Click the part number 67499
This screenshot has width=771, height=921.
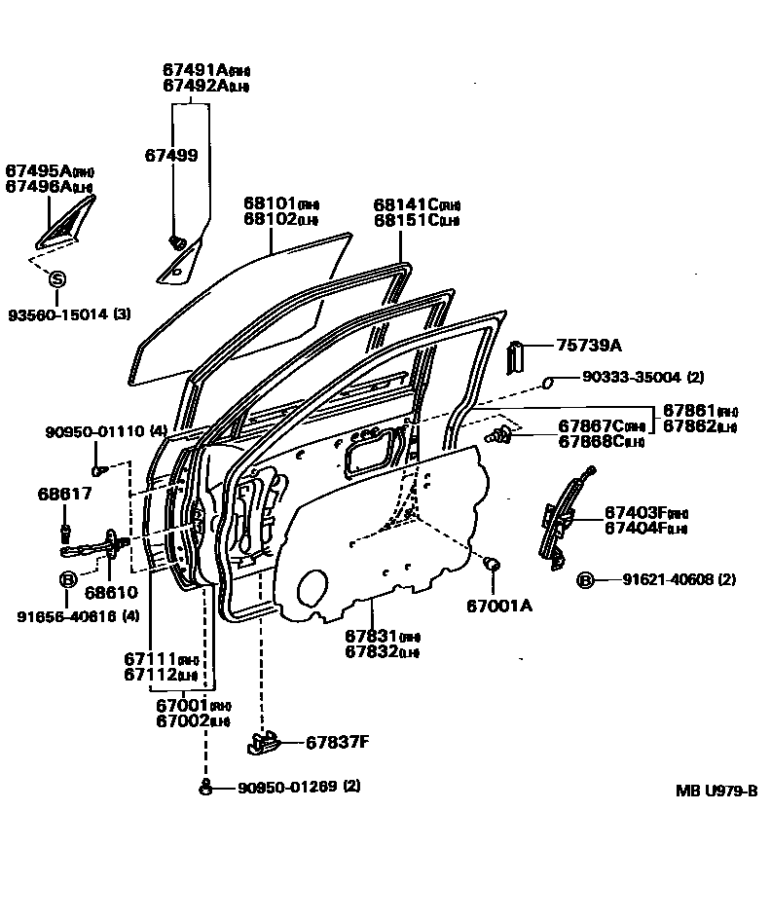[x=171, y=155]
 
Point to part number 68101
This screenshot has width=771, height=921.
[x=269, y=203]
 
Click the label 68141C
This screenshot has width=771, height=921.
[x=403, y=203]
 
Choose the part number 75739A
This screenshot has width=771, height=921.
[x=589, y=346]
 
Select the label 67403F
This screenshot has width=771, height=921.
[x=635, y=511]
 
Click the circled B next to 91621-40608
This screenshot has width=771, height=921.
[x=585, y=579]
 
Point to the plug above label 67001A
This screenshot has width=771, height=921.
[x=493, y=564]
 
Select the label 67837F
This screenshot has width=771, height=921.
[x=337, y=743]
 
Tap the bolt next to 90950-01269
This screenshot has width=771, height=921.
[x=205, y=787]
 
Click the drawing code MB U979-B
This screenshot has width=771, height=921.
[x=716, y=791]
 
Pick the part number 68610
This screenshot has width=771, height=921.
[x=110, y=592]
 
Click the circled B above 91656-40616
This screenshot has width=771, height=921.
[x=68, y=580]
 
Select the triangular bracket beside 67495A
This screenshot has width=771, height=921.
[x=67, y=221]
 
